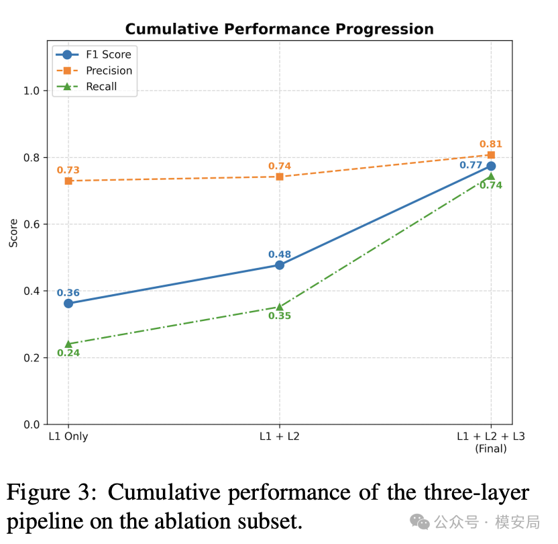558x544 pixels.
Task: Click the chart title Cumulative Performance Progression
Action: pyautogui.click(x=280, y=29)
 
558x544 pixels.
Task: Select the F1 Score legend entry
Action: pyautogui.click(x=94, y=54)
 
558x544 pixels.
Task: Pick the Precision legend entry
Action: pyautogui.click(x=95, y=71)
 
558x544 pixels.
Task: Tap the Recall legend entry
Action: pyautogui.click(x=87, y=87)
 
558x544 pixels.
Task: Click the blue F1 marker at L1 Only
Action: pyautogui.click(x=68, y=304)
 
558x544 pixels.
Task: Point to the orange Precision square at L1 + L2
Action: pyautogui.click(x=280, y=177)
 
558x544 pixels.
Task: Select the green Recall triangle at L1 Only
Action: pyautogui.click(x=68, y=344)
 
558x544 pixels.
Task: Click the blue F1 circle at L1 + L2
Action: pyautogui.click(x=280, y=265)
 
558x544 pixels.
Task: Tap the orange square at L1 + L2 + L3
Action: pyautogui.click(x=491, y=154)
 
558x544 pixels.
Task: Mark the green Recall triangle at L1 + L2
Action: pyautogui.click(x=280, y=307)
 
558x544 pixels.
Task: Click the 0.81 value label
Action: pyautogui.click(x=491, y=144)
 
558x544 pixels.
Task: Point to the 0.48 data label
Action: pyautogui.click(x=280, y=255)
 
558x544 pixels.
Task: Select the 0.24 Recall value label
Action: pyautogui.click(x=68, y=353)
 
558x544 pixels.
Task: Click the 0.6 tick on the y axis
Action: pyautogui.click(x=32, y=224)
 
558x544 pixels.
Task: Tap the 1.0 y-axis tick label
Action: pyautogui.click(x=32, y=91)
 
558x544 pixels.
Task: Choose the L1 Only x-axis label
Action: pyautogui.click(x=68, y=436)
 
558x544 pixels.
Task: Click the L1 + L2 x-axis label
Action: pyautogui.click(x=280, y=436)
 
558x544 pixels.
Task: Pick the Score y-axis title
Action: pyautogui.click(x=13, y=233)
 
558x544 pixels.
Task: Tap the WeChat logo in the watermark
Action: pyautogui.click(x=420, y=522)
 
